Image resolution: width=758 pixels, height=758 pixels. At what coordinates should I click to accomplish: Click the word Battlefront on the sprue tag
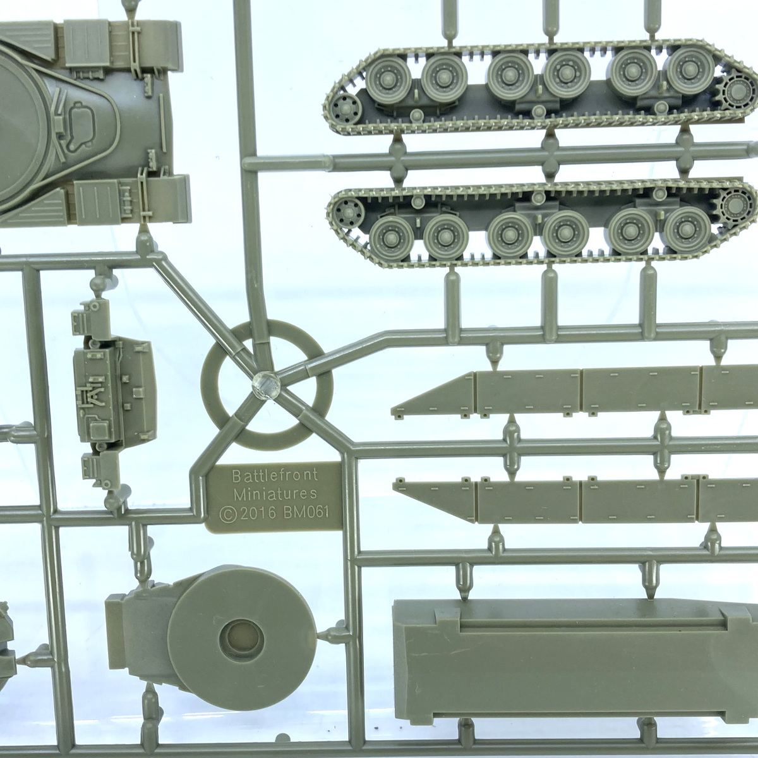pos(275,476)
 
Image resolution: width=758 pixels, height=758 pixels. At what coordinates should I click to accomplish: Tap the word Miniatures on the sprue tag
pos(275,494)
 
